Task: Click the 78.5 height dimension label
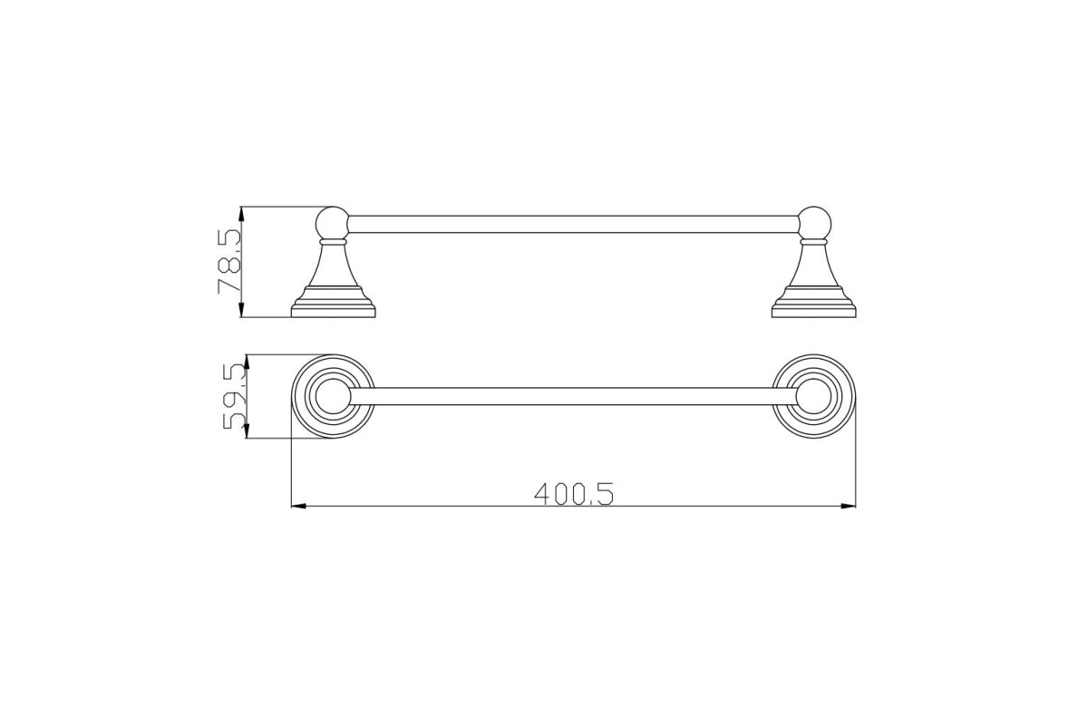click(x=229, y=262)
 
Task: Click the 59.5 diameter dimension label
click(x=235, y=397)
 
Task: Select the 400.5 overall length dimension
click(x=574, y=494)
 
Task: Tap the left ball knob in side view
click(x=332, y=223)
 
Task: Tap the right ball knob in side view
click(x=814, y=223)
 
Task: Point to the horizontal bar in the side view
click(x=574, y=224)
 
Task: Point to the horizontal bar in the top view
click(x=574, y=396)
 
